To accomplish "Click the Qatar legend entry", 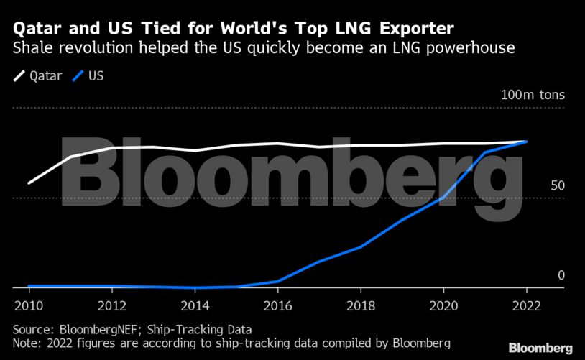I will pos(37,75).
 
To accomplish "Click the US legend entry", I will pos(89,75).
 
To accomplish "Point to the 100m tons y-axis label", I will pos(533,96).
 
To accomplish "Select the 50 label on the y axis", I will pos(558,185).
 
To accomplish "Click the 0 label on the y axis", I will pos(561,275).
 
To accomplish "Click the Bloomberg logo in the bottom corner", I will pos(540,348).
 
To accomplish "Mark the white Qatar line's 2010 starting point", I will pos(29,183).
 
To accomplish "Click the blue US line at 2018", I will pos(361,246).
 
